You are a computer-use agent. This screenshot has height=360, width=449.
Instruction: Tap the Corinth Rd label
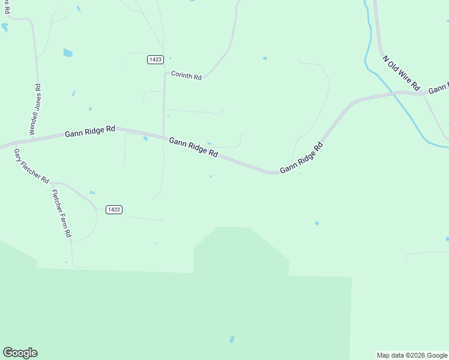(x=186, y=75)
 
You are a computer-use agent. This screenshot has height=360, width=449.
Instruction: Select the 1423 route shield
(x=155, y=59)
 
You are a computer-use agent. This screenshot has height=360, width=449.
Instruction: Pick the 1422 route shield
(x=113, y=209)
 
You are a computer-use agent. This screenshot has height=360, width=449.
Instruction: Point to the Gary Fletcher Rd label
(x=31, y=165)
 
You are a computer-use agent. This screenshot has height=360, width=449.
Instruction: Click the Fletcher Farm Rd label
(x=62, y=213)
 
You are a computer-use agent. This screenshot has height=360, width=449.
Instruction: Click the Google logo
(x=20, y=353)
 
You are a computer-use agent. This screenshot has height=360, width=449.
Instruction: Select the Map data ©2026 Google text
(x=412, y=355)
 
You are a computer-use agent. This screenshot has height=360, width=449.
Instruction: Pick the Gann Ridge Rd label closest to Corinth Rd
(x=193, y=146)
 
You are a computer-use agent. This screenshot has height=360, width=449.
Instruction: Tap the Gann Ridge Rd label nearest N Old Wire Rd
(x=301, y=158)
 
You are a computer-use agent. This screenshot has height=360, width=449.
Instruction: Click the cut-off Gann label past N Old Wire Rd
(x=438, y=89)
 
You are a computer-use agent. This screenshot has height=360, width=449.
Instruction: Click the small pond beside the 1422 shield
(x=92, y=193)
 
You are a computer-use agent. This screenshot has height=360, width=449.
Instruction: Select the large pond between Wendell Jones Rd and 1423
(x=68, y=53)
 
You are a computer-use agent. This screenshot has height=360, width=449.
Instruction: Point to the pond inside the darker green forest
(x=232, y=340)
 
